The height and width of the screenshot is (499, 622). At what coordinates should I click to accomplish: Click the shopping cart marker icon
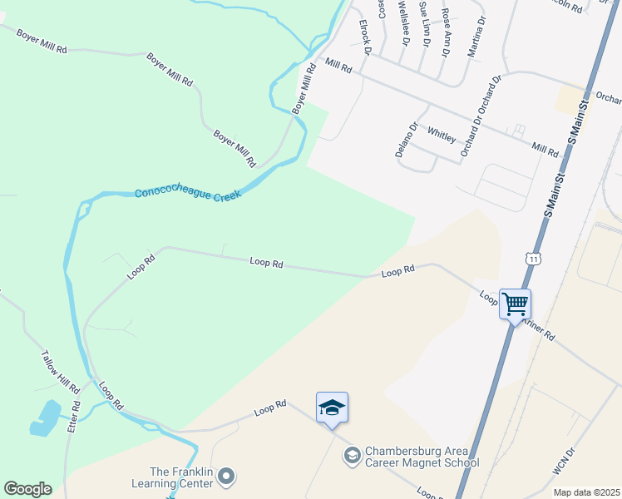pyautogui.click(x=515, y=304)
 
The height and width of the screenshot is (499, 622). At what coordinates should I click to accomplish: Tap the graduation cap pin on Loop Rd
pyautogui.click(x=332, y=408)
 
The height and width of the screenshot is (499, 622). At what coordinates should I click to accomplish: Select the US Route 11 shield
pyautogui.click(x=531, y=259)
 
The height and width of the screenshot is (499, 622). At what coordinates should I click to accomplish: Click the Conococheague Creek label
pyautogui.click(x=188, y=194)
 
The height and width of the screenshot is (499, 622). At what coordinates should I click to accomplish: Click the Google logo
pyautogui.click(x=27, y=489)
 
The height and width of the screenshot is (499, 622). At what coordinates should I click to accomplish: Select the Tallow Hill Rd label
pyautogui.click(x=60, y=372)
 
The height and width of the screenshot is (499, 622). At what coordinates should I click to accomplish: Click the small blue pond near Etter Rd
pyautogui.click(x=45, y=418)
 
